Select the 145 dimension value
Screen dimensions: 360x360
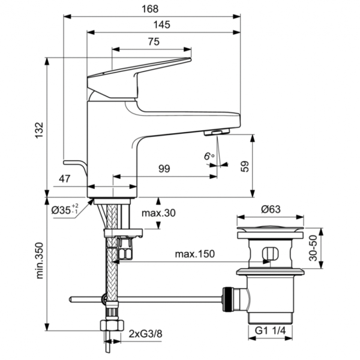161,25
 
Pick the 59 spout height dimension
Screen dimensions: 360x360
244,166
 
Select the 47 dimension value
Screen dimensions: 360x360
65,178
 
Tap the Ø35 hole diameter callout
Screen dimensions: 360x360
65,210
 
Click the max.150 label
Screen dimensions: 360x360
194,254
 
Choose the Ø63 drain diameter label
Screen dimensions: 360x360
271,209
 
